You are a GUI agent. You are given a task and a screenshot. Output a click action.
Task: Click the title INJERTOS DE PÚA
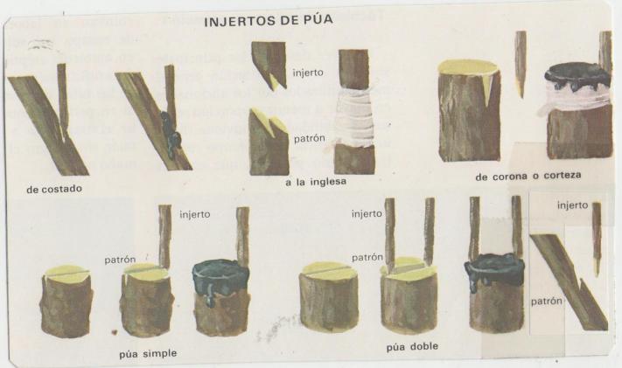click(x=269, y=20)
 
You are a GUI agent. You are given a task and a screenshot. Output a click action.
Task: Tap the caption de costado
click(x=54, y=189)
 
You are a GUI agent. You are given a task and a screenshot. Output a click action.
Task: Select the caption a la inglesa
click(x=316, y=182)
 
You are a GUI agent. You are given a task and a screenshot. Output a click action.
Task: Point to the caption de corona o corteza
click(x=528, y=176)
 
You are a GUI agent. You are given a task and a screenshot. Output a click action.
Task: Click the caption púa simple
click(x=148, y=353)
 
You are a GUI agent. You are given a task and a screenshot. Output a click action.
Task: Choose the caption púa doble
click(x=412, y=347)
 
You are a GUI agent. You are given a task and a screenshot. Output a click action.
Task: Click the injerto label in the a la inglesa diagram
click(x=308, y=73)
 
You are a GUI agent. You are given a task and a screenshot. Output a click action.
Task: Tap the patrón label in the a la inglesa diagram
click(x=310, y=139)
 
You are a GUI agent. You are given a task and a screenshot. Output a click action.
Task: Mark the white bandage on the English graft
click(x=354, y=118)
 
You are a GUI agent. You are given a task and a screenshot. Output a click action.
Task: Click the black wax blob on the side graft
click(x=171, y=134)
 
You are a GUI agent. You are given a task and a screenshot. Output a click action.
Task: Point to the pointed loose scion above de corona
click(x=521, y=64)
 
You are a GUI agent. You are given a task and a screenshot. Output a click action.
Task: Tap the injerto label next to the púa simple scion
click(x=195, y=214)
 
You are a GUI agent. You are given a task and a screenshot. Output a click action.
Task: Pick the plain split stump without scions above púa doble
click(x=329, y=296)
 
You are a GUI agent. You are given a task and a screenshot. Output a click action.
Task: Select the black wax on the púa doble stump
click(x=494, y=271)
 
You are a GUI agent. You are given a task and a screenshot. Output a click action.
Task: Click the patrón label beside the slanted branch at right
click(x=546, y=302)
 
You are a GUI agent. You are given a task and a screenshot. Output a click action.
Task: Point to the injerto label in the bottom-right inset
click(x=572, y=205)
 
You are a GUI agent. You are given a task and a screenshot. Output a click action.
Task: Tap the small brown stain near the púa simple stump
click(x=115, y=331)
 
